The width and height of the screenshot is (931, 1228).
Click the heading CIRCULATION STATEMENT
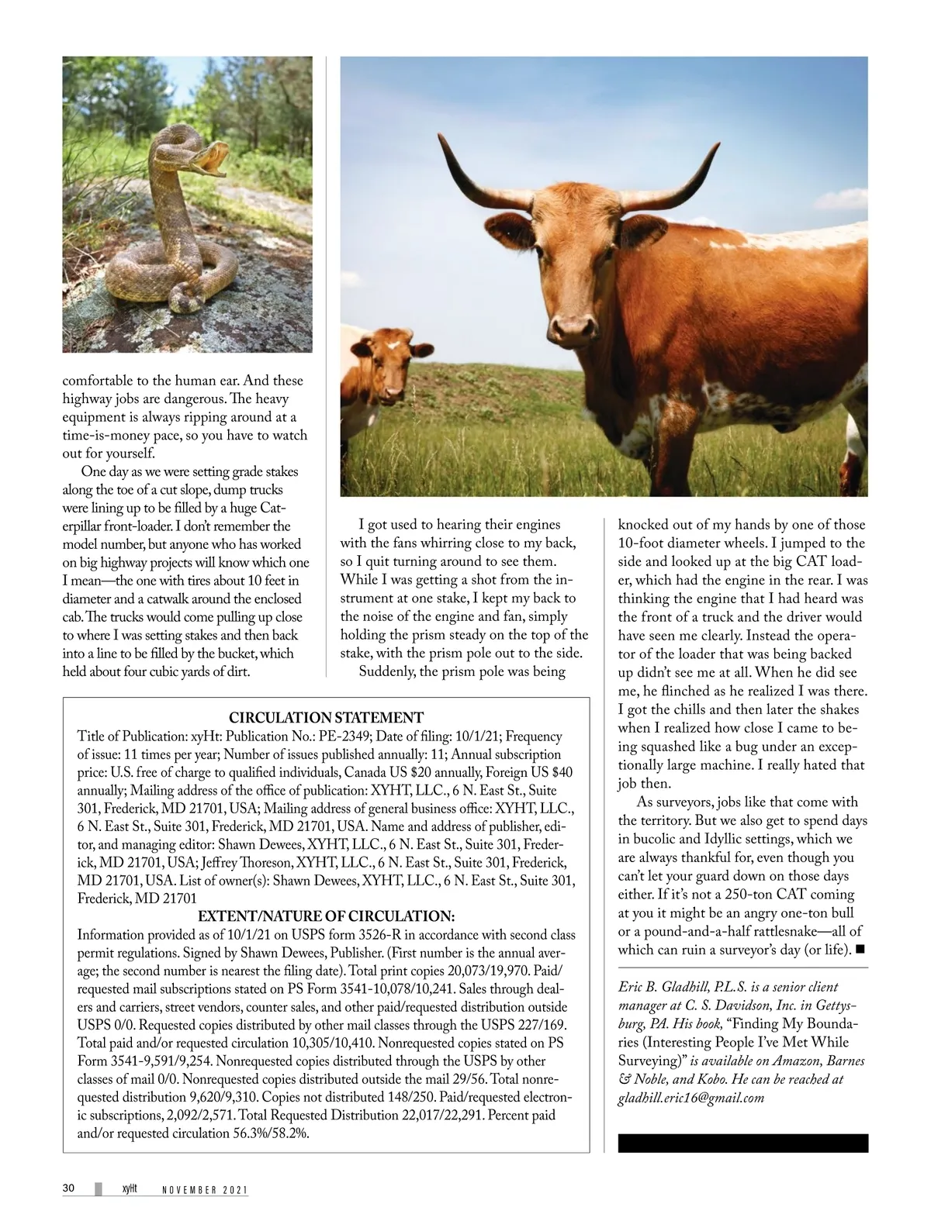click(326, 717)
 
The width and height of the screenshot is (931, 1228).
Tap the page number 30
click(68, 1188)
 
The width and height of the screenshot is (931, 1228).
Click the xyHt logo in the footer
click(129, 1188)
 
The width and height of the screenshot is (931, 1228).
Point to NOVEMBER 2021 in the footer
click(205, 1190)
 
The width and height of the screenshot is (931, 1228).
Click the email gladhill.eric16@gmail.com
click(691, 1097)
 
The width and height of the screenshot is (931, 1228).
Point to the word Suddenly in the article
click(387, 671)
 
